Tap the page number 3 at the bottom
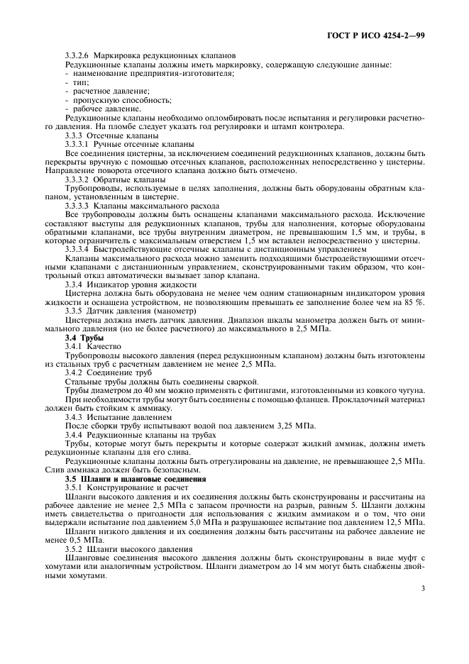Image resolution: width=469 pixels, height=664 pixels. tap(422, 588)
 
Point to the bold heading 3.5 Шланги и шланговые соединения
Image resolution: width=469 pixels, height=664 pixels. tap(131, 479)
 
